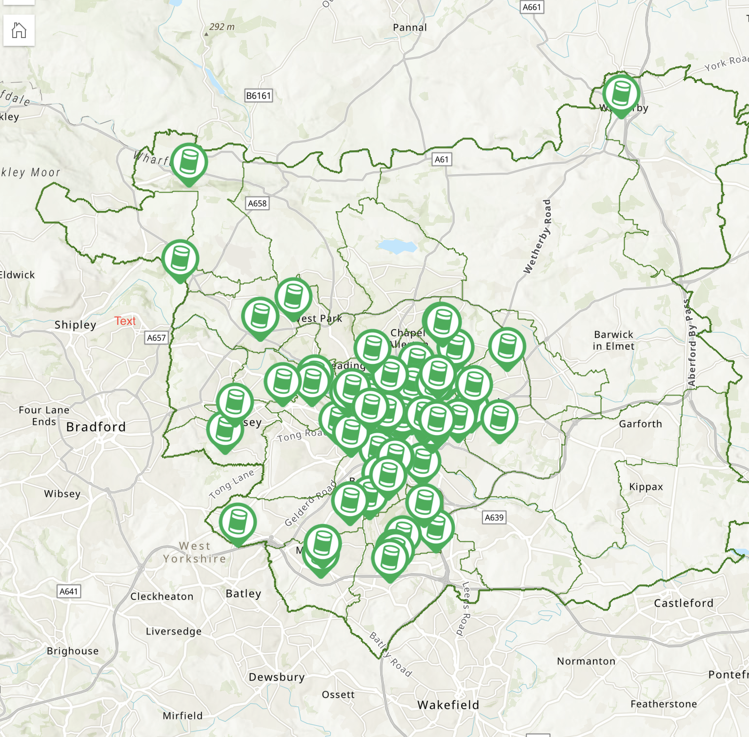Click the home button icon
click(19, 30)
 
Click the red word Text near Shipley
click(125, 321)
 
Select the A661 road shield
click(531, 7)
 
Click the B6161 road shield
click(258, 96)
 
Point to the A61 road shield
click(442, 159)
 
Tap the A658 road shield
click(257, 203)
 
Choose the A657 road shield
click(156, 338)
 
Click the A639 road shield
click(494, 518)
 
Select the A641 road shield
click(68, 592)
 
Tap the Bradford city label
click(96, 427)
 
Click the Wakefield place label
click(448, 705)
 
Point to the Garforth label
click(640, 424)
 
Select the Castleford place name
click(683, 603)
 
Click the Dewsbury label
click(277, 677)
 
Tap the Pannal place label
click(410, 28)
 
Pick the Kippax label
click(646, 487)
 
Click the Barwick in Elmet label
click(613, 340)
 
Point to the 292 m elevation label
click(222, 27)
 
